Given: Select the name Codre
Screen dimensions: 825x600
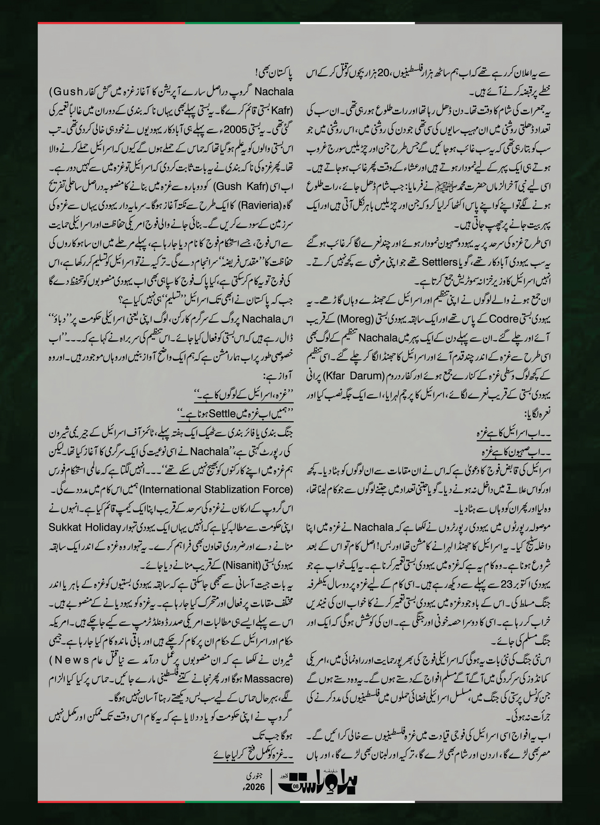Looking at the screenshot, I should (503, 319).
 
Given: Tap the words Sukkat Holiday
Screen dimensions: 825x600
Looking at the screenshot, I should (85, 527).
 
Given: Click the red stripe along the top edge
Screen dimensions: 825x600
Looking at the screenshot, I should (111, 23).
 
